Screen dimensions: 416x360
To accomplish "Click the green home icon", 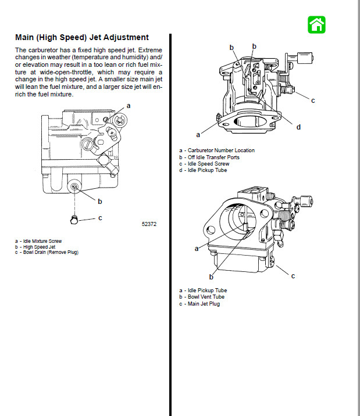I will pyautogui.click(x=316, y=24).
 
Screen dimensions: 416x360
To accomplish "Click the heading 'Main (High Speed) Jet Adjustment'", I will pyautogui.click(x=81, y=37).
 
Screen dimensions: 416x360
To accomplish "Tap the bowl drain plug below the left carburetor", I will pyautogui.click(x=73, y=218).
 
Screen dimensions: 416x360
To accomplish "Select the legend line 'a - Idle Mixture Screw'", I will pyautogui.click(x=40, y=241).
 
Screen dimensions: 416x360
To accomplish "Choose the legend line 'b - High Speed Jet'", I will pyautogui.click(x=36, y=246).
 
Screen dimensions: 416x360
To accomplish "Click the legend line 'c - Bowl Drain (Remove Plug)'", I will pyautogui.click(x=47, y=252).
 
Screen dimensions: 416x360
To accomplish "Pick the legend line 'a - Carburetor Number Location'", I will pyautogui.click(x=217, y=150).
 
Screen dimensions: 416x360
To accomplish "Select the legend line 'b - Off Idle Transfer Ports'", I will pyautogui.click(x=209, y=157).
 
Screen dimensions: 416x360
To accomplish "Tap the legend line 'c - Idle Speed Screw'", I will pyautogui.click(x=204, y=164).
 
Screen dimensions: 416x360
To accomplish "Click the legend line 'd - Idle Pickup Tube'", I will pyautogui.click(x=203, y=170).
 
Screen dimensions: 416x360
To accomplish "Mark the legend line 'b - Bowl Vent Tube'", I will pyautogui.click(x=202, y=297).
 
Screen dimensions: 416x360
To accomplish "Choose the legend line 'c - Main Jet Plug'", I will pyautogui.click(x=199, y=303).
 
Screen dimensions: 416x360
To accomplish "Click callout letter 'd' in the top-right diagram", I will pyautogui.click(x=298, y=127).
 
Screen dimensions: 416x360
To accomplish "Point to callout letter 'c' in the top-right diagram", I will pyautogui.click(x=313, y=101).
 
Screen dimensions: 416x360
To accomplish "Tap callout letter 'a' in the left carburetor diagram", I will pyautogui.click(x=129, y=106).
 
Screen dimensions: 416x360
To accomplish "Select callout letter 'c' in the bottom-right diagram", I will pyautogui.click(x=293, y=275).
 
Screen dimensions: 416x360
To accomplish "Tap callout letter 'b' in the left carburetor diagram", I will pyautogui.click(x=100, y=202).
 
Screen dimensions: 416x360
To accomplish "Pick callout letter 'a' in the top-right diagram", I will pyautogui.click(x=198, y=135).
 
